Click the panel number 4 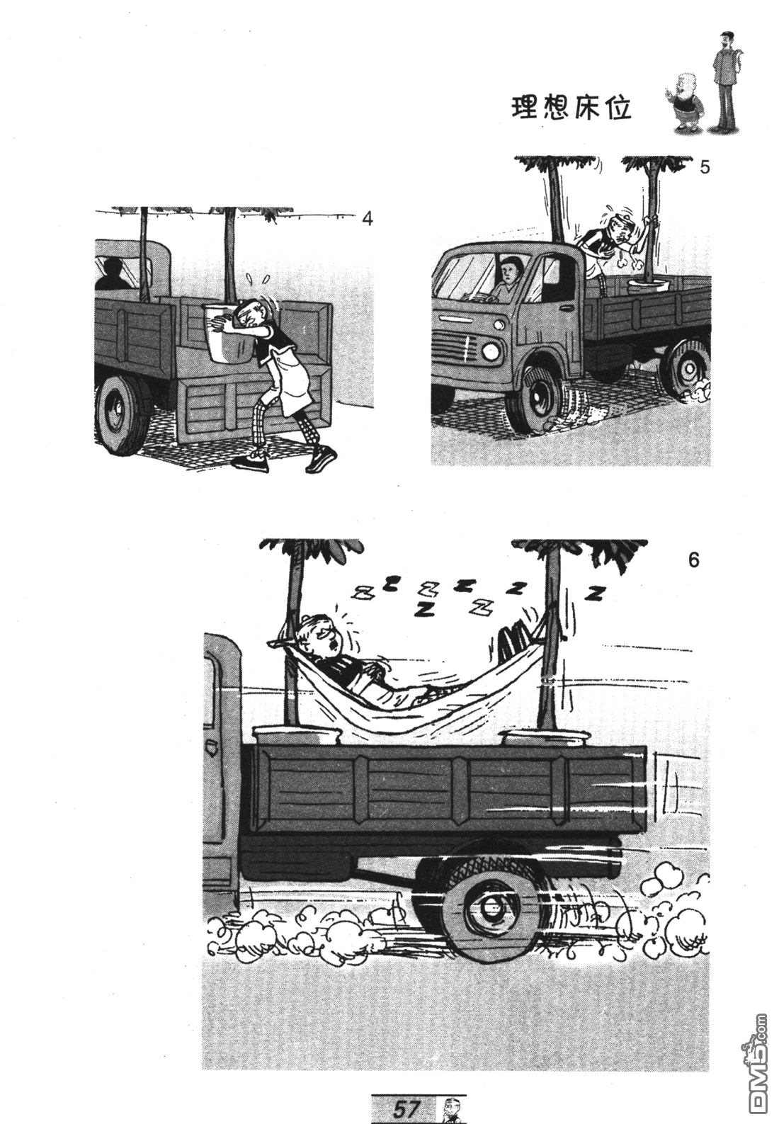pyautogui.click(x=367, y=220)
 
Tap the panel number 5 pyautogui.click(x=705, y=167)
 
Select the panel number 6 pyautogui.click(x=693, y=560)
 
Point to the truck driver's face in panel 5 pyautogui.click(x=510, y=271)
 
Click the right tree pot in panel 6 pyautogui.click(x=545, y=737)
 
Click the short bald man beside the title pyautogui.click(x=684, y=103)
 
